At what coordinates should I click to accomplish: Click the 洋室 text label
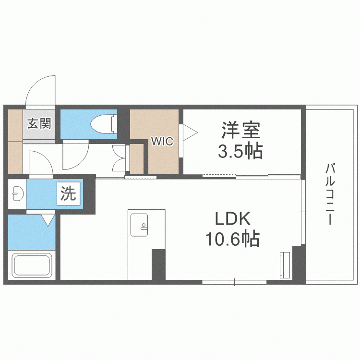(x=240, y=130)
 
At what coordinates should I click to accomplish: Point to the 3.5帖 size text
(x=240, y=152)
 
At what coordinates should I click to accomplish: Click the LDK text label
(x=233, y=219)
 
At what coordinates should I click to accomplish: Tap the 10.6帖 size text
(x=233, y=239)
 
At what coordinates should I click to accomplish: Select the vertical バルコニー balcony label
(x=330, y=194)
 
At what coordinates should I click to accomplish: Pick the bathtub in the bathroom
(x=33, y=267)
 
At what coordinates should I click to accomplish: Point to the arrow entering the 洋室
(x=188, y=133)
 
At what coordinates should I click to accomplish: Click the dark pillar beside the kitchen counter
(x=158, y=264)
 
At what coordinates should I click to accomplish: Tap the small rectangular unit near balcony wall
(x=283, y=264)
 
